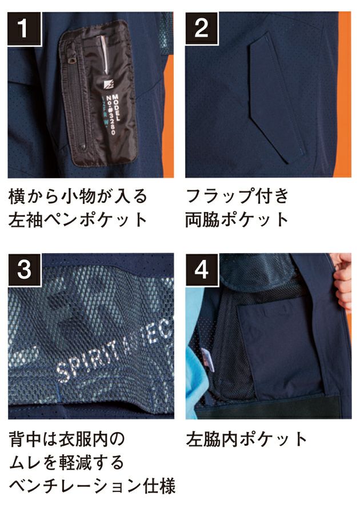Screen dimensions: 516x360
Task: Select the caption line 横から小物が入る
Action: pyautogui.click(x=78, y=197)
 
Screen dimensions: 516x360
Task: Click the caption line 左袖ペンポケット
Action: pyautogui.click(x=78, y=219)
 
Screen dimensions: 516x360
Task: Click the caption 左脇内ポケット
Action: pyautogui.click(x=247, y=439)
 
